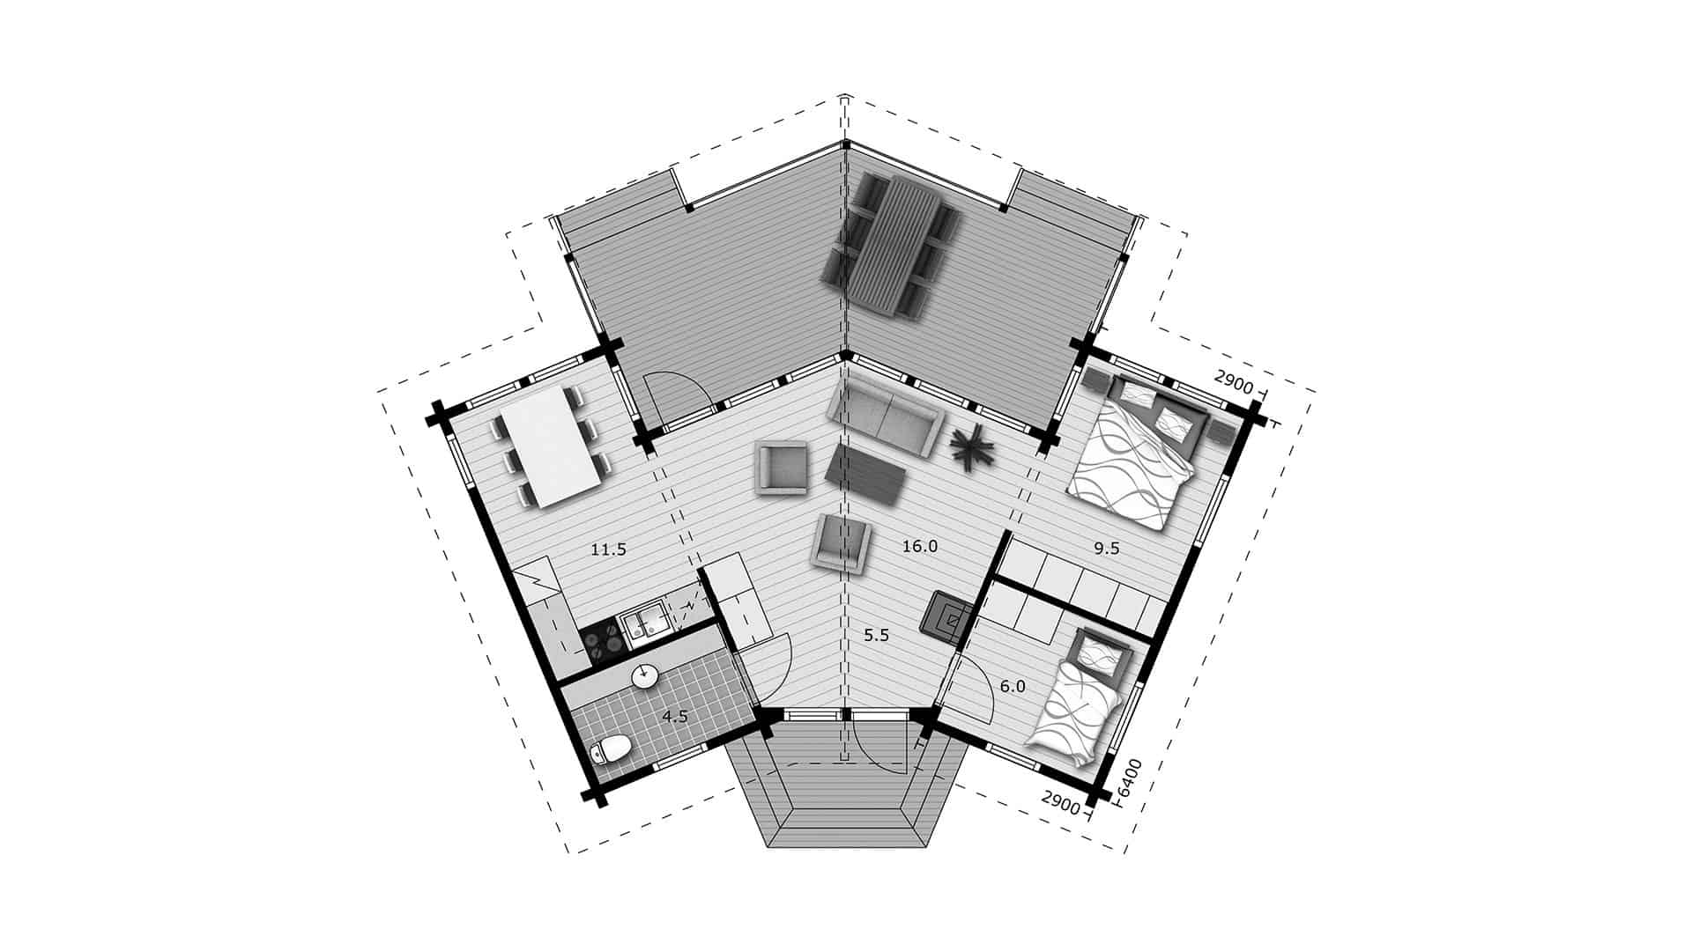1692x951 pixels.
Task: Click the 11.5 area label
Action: (x=608, y=550)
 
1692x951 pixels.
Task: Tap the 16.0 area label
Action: (x=920, y=547)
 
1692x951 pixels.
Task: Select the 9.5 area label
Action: (x=1106, y=548)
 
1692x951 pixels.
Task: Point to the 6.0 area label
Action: (x=1013, y=686)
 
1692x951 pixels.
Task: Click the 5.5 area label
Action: (x=876, y=635)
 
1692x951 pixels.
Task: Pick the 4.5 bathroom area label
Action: (x=675, y=717)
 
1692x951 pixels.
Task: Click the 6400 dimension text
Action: (x=1129, y=778)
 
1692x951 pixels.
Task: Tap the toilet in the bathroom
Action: (x=610, y=751)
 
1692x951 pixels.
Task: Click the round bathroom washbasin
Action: (x=644, y=676)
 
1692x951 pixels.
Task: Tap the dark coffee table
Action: (x=867, y=474)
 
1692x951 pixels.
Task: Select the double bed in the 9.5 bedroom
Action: (x=1137, y=453)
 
